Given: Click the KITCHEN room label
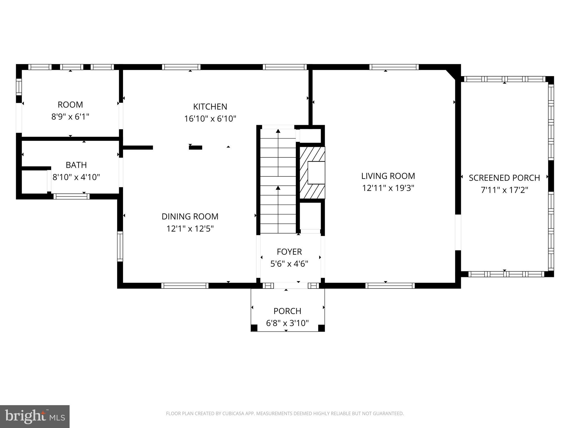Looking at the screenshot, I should pos(210,107).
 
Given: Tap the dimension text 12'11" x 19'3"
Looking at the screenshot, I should pos(388,188).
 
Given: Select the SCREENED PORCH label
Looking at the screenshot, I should pos(504,178).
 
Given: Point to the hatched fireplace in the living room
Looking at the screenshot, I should pos(312,173).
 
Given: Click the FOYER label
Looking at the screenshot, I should pos(289,252).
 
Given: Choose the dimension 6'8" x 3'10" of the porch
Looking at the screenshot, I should pos(287,323).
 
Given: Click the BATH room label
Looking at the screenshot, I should pos(76,165).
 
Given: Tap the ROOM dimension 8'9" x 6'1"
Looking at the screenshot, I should pos(70,116).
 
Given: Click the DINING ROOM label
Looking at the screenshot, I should pos(190,217).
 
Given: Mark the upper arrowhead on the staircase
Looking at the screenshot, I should pos(278,131).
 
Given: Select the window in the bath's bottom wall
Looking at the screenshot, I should pos(72,197).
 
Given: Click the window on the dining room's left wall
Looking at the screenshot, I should pos(120,246).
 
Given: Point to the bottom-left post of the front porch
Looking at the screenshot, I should pos(254,328).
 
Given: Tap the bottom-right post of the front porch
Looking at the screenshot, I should pos(321,328).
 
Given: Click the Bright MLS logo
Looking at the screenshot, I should pos(35,416).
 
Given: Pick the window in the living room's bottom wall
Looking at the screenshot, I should pos(390,286).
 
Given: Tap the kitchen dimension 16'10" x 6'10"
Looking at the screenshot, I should pos(210,119).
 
